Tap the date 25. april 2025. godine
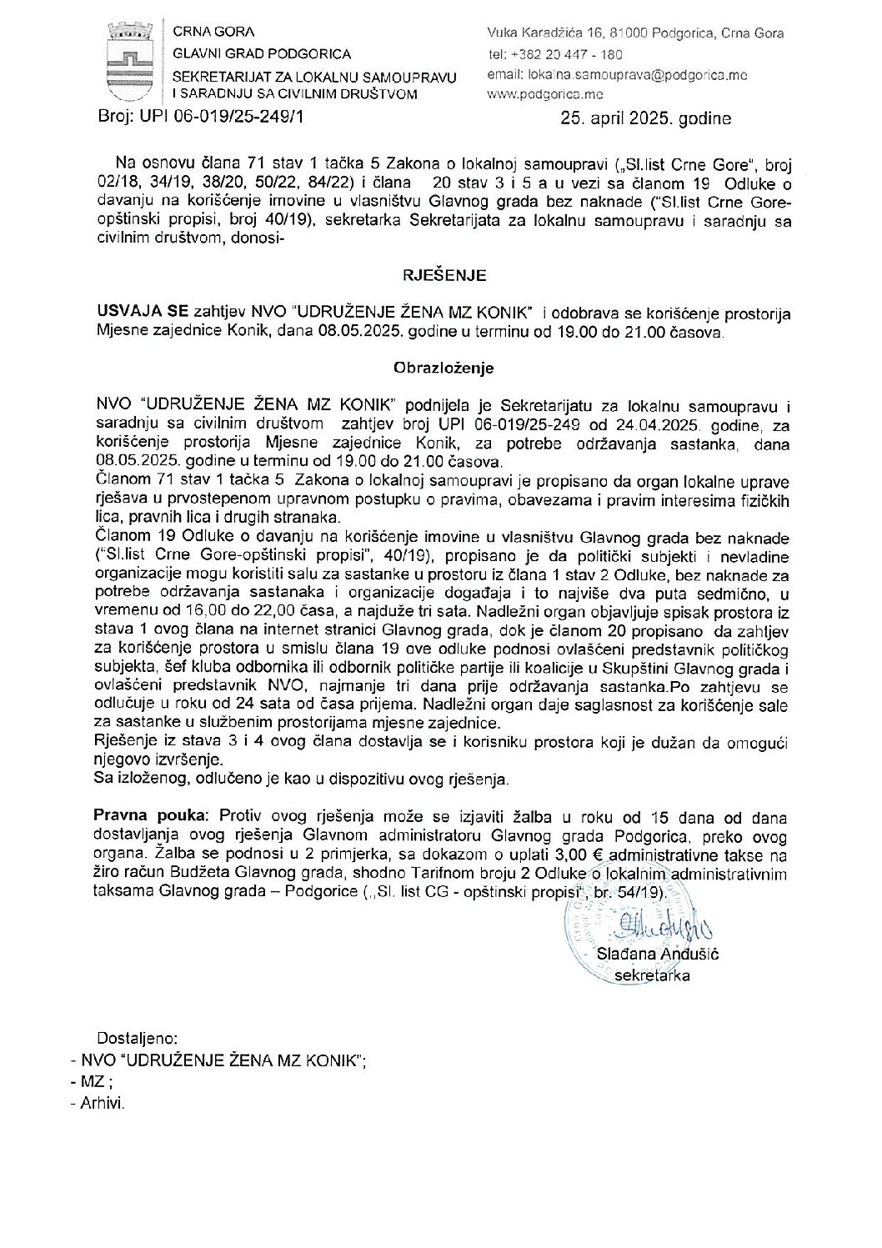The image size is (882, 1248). [x=646, y=119]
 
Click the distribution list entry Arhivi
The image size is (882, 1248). [x=102, y=1103]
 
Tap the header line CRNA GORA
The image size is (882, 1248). [x=205, y=33]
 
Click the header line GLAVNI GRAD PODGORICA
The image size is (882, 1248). [x=250, y=54]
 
